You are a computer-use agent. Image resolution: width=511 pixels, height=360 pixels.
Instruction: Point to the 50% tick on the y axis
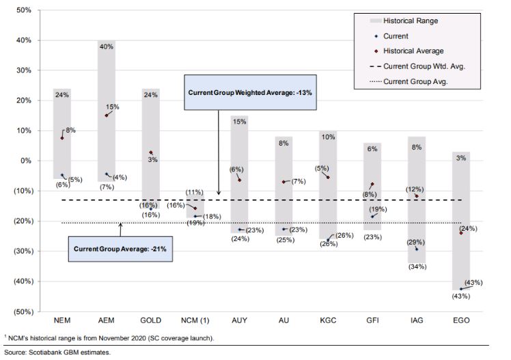24,10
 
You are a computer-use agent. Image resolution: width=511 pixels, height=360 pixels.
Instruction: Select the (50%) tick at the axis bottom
22,311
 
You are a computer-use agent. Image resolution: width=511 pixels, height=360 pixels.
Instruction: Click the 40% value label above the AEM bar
106,46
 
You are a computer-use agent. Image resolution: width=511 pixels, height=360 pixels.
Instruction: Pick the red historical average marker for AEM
106,115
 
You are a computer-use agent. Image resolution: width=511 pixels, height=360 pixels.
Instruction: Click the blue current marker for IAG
417,249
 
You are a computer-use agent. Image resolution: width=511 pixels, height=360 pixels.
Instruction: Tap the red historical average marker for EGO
461,233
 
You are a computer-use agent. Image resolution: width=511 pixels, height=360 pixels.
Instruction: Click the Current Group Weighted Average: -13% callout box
250,92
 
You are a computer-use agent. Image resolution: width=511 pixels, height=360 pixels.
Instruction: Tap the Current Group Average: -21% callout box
120,249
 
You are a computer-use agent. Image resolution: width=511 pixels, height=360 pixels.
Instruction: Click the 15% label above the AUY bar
239,122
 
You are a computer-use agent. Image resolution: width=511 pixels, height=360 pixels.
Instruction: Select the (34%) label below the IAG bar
417,266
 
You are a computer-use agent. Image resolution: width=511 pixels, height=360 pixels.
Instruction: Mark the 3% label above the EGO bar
461,158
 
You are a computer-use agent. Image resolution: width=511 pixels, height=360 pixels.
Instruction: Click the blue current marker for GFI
372,217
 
